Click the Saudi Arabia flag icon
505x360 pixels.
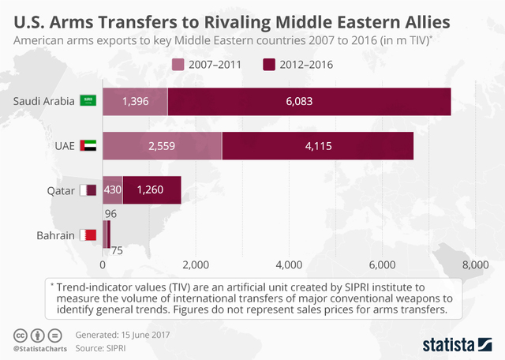(88, 101)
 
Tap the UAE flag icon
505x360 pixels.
(88, 146)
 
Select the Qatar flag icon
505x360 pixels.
(88, 190)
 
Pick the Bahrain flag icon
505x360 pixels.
(88, 234)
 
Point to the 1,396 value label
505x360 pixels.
(135, 102)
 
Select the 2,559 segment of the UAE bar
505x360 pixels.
(162, 146)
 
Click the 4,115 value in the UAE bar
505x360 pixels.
(318, 146)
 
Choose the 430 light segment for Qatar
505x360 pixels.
(113, 190)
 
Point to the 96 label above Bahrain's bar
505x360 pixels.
(110, 212)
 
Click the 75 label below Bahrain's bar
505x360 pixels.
(116, 252)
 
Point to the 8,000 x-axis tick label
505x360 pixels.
(475, 264)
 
